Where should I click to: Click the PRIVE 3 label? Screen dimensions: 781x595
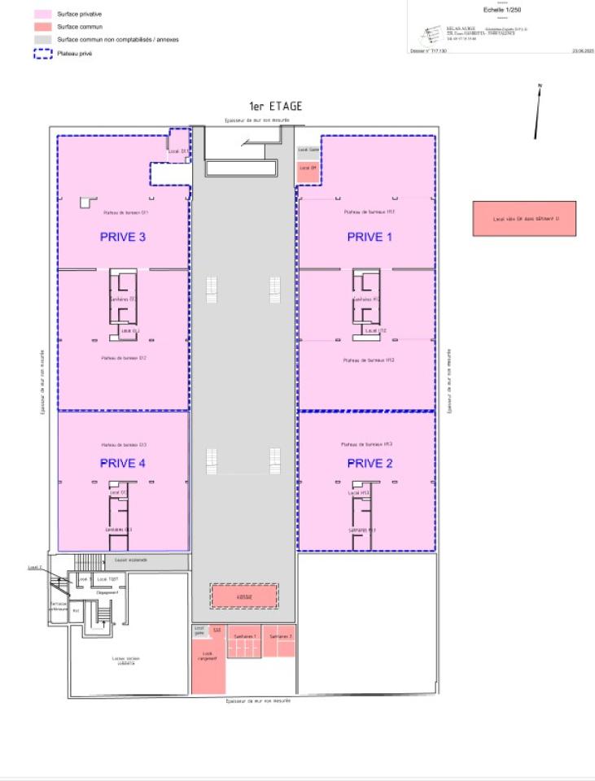pyautogui.click(x=122, y=238)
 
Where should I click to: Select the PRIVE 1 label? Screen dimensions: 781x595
pyautogui.click(x=370, y=238)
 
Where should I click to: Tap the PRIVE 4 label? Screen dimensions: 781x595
pyautogui.click(x=122, y=464)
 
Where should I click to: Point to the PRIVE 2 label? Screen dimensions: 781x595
pyautogui.click(x=370, y=464)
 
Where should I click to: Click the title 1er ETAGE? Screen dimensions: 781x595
pyautogui.click(x=275, y=107)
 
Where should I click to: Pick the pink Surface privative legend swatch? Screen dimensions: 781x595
pyautogui.click(x=42, y=15)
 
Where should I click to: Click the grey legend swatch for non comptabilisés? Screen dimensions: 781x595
pyautogui.click(x=42, y=39)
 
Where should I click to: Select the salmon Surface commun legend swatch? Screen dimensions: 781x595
pyautogui.click(x=42, y=27)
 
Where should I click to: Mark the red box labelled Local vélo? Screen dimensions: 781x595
pyautogui.click(x=524, y=219)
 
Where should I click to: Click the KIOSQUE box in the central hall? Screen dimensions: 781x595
pyautogui.click(x=244, y=596)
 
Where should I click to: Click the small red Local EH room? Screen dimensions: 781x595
pyautogui.click(x=307, y=168)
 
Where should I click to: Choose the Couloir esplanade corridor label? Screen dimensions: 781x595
pyautogui.click(x=133, y=561)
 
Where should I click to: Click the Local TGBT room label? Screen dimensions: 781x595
pyautogui.click(x=103, y=578)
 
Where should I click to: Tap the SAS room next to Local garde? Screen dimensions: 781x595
pyautogui.click(x=216, y=630)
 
